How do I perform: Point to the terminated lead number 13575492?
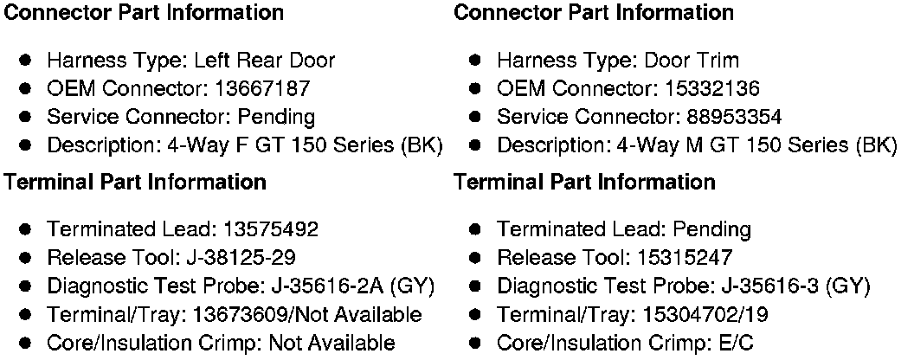point(270,229)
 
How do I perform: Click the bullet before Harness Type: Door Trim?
point(476,61)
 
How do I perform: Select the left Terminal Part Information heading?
point(135,183)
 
